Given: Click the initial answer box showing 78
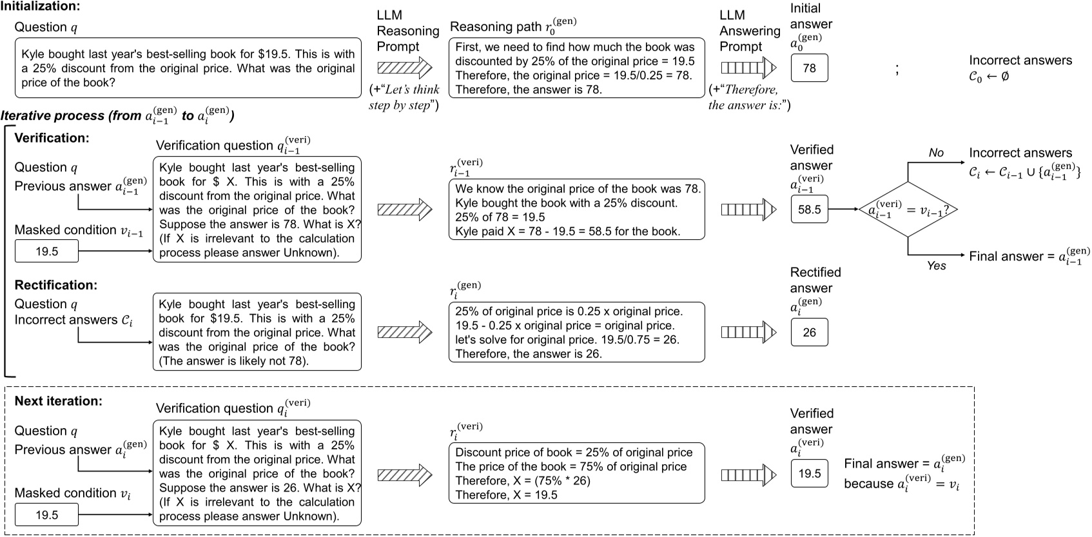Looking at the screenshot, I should pos(809,68).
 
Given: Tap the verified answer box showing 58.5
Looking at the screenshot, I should pos(809,210).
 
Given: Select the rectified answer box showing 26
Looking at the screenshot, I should pos(809,332).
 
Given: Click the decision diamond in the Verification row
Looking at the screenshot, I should pos(907,210).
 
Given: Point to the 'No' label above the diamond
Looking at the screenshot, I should pos(936,153).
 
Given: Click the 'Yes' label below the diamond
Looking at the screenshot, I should pos(936,266).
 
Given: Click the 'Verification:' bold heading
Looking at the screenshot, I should pos(52,138).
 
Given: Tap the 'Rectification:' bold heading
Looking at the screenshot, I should pos(56,285).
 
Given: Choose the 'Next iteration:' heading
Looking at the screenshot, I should pos(59,401).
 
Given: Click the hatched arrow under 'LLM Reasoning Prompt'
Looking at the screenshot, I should pos(404,67).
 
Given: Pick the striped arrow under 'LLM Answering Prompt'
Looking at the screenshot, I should pos(748,67).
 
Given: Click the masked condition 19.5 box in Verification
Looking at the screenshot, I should pos(46,251).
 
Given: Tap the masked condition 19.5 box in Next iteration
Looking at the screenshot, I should pos(46,514).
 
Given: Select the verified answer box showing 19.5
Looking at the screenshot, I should pos(809,474).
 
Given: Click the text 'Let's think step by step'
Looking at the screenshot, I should pos(404,97).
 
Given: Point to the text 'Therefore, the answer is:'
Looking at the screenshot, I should pos(748,97).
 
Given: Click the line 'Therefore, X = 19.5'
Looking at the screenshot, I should pos(506,495).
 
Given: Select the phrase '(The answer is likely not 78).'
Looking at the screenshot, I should pos(234,361).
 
